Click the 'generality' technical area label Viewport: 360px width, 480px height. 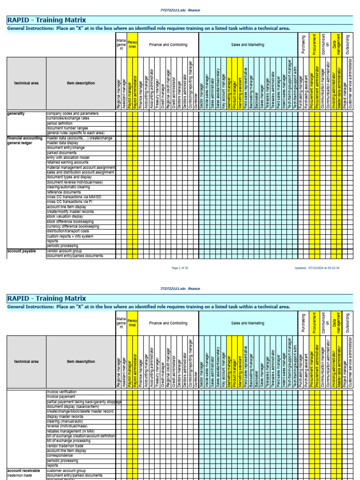(x=16, y=113)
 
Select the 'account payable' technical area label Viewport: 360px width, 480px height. (x=21, y=251)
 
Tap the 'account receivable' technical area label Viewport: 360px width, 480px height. (x=23, y=470)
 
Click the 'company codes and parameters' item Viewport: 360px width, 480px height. (x=72, y=113)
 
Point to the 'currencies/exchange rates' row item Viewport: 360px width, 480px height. (x=68, y=119)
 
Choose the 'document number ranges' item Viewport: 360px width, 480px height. (x=67, y=128)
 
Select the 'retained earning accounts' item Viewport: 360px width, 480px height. (x=67, y=163)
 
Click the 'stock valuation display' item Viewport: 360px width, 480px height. (x=65, y=217)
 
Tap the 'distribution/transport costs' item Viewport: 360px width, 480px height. (x=67, y=231)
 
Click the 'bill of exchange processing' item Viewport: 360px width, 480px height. (x=68, y=441)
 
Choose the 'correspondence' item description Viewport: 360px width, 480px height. (x=60, y=456)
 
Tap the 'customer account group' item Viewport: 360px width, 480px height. (x=66, y=470)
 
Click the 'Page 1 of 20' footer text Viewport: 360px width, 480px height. (x=180, y=268)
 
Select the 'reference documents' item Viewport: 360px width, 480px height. (x=64, y=192)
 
